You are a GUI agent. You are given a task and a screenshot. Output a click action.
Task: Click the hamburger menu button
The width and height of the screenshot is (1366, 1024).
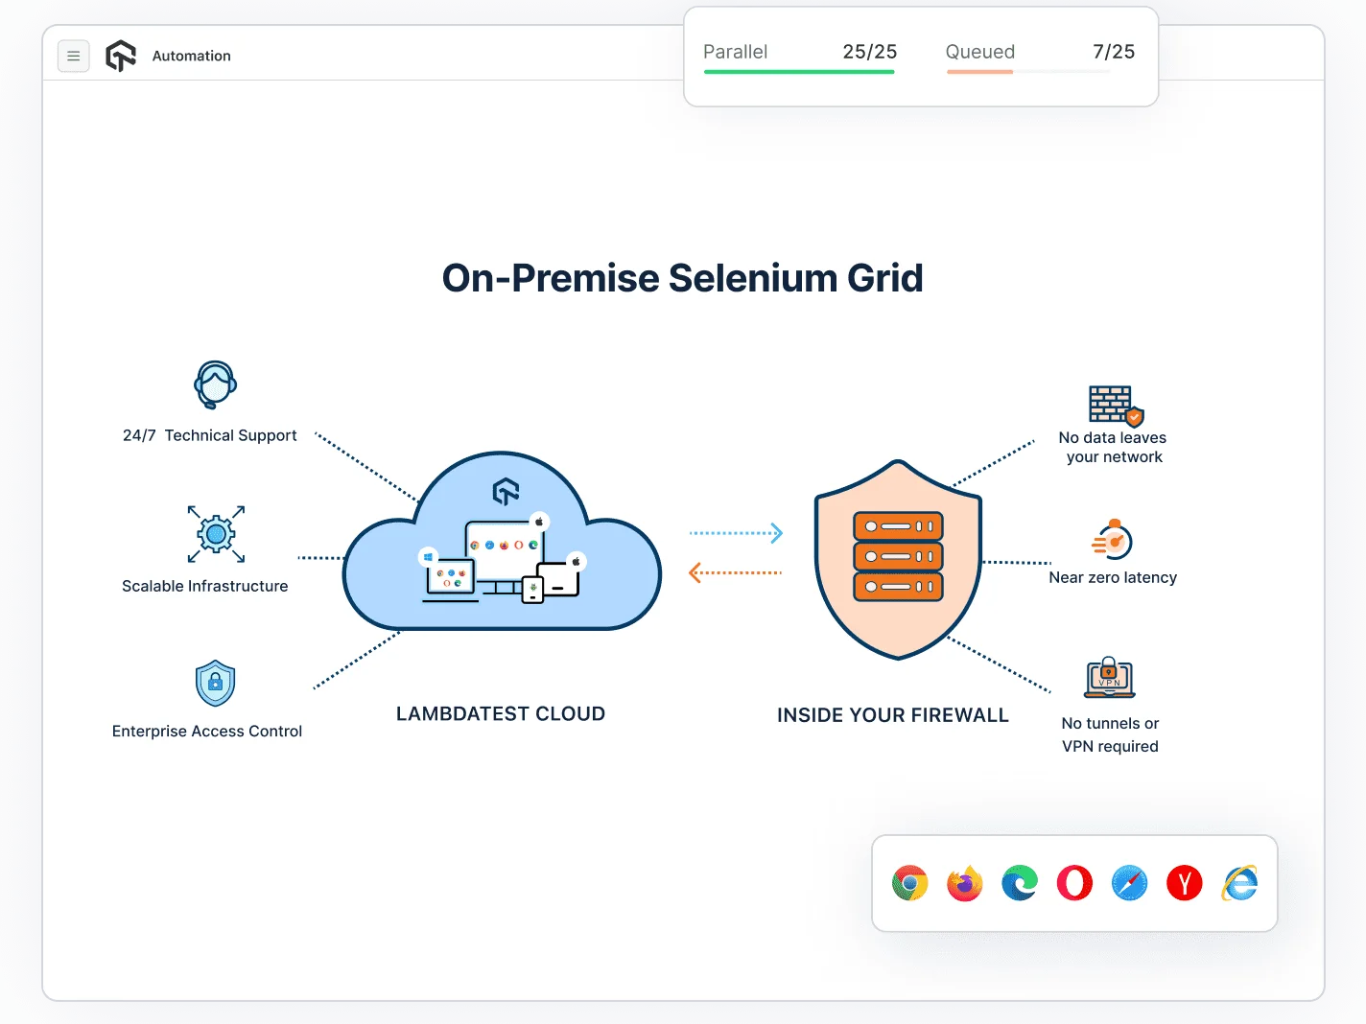[74, 57]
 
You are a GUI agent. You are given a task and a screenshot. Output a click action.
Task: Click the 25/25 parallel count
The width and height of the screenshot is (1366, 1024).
[869, 52]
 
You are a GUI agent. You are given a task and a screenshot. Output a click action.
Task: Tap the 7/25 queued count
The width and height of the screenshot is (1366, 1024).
[1114, 52]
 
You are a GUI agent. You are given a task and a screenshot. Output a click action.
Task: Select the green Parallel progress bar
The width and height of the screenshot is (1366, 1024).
[798, 72]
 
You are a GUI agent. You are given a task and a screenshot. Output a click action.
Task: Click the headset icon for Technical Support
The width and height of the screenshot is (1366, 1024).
[216, 384]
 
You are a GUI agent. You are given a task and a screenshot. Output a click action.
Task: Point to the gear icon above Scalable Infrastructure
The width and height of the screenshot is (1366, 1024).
[216, 534]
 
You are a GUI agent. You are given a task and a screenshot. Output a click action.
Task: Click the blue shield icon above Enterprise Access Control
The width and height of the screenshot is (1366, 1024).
[215, 684]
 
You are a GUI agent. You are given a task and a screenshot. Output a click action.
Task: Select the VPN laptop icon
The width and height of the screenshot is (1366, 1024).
[1110, 678]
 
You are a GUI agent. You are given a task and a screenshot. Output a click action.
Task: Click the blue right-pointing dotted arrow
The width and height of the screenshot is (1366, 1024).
[736, 533]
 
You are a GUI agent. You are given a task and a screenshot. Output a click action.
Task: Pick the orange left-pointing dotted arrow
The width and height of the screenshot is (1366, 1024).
[736, 572]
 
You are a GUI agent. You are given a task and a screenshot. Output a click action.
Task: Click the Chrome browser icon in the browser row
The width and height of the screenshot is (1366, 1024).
[909, 883]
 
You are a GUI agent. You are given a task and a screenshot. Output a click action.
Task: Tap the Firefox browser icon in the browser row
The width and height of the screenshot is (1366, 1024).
[965, 883]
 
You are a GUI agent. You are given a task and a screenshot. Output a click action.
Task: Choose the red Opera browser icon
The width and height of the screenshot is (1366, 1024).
[1074, 883]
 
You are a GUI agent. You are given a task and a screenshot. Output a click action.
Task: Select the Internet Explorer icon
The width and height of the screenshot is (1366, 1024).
[1240, 883]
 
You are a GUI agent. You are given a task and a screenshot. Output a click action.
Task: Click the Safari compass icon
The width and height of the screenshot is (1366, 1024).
[1130, 883]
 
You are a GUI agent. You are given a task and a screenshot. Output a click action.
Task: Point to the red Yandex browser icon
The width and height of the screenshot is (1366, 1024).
[1185, 883]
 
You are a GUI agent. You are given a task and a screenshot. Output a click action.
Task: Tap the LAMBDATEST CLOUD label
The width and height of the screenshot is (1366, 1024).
[501, 714]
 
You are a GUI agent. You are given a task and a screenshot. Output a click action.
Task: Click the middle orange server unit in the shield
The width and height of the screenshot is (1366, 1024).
[899, 556]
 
